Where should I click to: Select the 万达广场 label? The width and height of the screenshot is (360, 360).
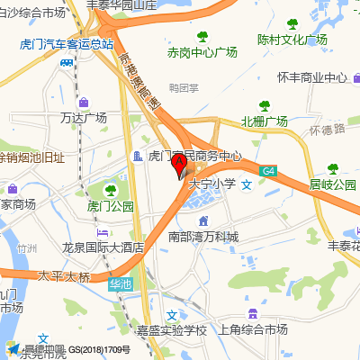tap(83, 117)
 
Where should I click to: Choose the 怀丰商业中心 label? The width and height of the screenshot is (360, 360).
tap(312, 78)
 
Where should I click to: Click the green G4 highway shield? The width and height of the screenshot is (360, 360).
tap(268, 170)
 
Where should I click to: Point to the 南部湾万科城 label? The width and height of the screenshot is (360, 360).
tap(204, 237)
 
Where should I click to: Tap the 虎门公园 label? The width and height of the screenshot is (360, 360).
tap(110, 206)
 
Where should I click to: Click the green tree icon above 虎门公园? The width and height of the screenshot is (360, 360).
tap(110, 190)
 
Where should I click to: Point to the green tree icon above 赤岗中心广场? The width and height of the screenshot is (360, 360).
tap(202, 36)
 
